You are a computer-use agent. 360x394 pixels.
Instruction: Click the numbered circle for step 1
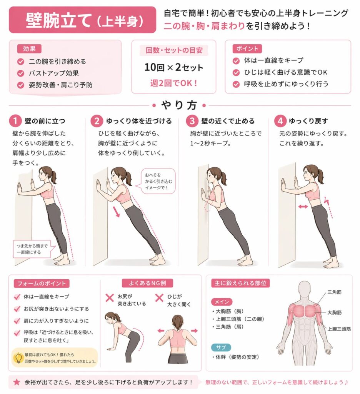pos(15,121)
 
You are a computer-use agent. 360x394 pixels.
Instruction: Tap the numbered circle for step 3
pos(192,121)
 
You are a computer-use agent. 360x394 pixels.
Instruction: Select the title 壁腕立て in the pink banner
pos(59,20)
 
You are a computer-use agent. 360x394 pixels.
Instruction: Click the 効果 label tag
pos(29,49)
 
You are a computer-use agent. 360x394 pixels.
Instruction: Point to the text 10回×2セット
pos(174,67)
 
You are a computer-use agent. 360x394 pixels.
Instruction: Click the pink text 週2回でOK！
pos(174,83)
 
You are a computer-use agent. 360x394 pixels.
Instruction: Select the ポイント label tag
pos(247,49)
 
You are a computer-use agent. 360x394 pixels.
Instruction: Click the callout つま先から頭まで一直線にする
pos(33,249)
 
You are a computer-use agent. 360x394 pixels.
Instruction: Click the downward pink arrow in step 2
pos(116,212)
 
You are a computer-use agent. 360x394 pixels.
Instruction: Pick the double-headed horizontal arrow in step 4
pos(303,207)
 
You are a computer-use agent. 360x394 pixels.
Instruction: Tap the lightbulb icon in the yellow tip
pos(18,358)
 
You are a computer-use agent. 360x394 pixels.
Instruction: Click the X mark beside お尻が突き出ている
pos(110,298)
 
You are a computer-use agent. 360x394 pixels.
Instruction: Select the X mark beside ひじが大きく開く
pos(159,298)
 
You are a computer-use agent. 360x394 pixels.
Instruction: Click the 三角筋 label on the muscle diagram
pos(334,292)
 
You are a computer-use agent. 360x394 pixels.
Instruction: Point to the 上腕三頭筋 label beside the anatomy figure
pos(339,329)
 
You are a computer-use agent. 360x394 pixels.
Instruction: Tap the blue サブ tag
pos(221,347)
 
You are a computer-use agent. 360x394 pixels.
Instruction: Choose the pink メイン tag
pos(222,302)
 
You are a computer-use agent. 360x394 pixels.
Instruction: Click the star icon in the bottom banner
pos(17,382)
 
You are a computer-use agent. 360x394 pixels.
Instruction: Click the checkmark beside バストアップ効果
pos(21,73)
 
